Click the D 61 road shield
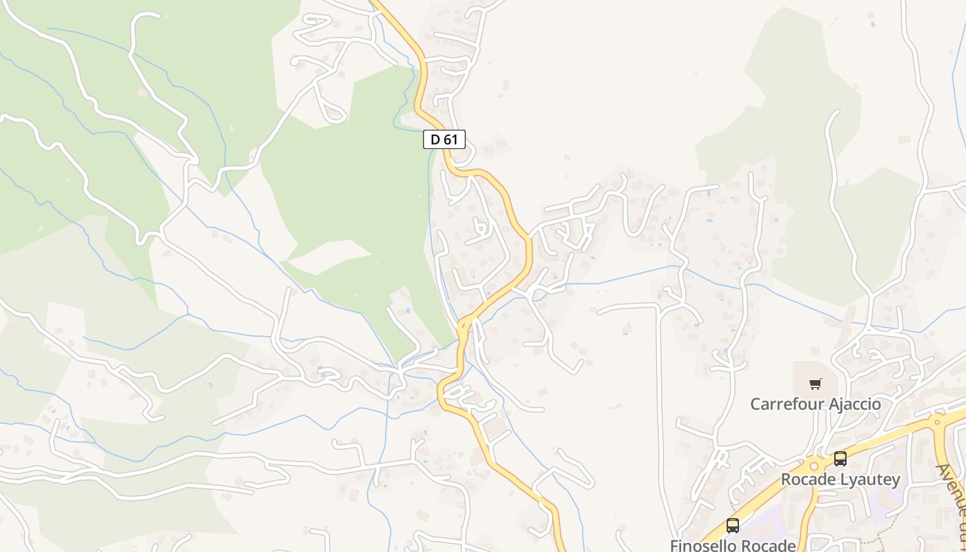pyautogui.click(x=444, y=139)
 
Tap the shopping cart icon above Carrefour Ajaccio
pyautogui.click(x=816, y=384)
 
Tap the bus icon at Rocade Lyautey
pyautogui.click(x=840, y=458)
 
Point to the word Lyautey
pyautogui.click(x=869, y=479)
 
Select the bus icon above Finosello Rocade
pyautogui.click(x=732, y=526)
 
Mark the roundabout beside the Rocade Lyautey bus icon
pyautogui.click(x=815, y=464)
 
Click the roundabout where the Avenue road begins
pyautogui.click(x=937, y=420)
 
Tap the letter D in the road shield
pyautogui.click(x=435, y=139)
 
